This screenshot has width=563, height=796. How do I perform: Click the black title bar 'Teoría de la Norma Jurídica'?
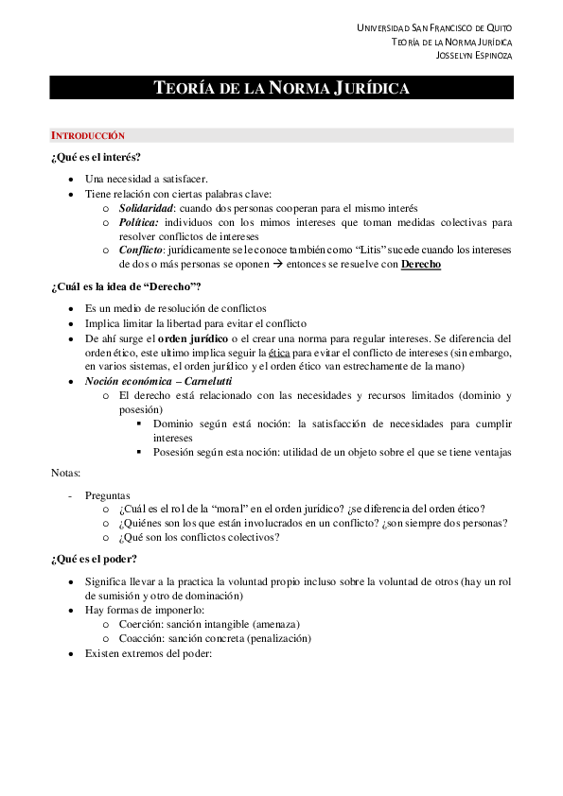(281, 89)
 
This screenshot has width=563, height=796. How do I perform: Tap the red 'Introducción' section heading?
(87, 136)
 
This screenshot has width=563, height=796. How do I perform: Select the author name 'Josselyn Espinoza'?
(473, 55)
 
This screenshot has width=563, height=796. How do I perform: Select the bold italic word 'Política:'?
(138, 222)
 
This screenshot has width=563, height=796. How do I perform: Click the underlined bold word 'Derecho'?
(420, 265)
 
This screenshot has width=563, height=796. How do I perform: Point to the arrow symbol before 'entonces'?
(322, 265)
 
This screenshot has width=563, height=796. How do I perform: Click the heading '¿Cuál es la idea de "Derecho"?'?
(126, 287)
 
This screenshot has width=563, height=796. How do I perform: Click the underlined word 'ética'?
(279, 352)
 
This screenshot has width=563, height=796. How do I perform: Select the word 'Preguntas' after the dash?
(108, 494)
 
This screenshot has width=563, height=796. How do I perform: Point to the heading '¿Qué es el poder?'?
(95, 559)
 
